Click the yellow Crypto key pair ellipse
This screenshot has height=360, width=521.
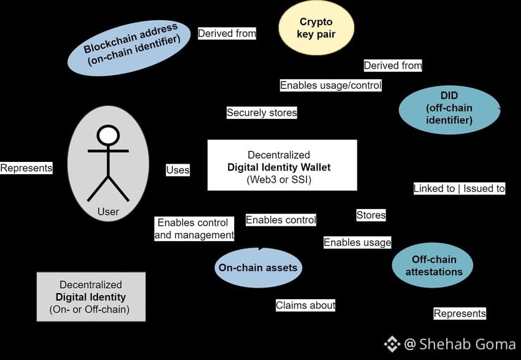coord(316,28)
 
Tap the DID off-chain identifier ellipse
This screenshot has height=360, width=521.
coord(449,110)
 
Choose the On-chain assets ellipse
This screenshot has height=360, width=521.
coord(258,267)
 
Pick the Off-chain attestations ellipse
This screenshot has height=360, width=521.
coord(433,265)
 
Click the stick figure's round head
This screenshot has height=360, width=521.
coord(108,135)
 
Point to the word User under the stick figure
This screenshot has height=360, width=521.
coord(108,212)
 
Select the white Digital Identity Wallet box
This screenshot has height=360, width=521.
coord(282,165)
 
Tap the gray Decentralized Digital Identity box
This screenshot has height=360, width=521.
coord(91,297)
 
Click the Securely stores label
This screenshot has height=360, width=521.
coord(262,113)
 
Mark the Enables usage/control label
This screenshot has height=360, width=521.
coord(331,85)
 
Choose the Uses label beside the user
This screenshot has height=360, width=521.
coord(178,170)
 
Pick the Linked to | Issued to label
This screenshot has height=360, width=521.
coord(459,189)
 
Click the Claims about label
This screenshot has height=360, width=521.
coord(305,305)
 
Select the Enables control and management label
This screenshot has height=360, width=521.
coord(194,229)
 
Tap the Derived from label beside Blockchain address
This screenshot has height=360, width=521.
coord(227,34)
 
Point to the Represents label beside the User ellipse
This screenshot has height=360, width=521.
coord(26,168)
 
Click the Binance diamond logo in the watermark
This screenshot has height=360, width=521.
coord(392,343)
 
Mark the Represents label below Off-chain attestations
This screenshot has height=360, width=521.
coord(460,313)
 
